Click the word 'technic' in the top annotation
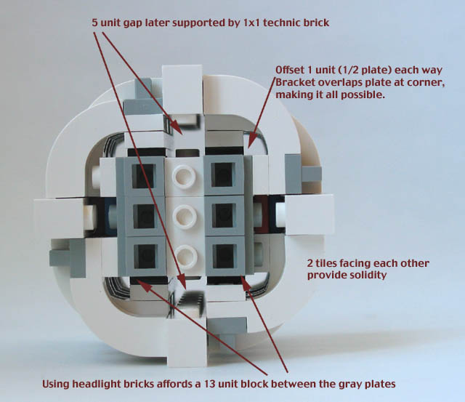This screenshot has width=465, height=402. point(280,23)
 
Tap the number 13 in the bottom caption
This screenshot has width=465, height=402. point(209,384)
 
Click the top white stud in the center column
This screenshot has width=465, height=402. point(184,177)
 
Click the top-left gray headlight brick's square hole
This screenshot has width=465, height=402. point(143,176)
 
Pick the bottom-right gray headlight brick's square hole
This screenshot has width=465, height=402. point(225,256)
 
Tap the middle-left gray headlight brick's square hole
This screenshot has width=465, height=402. point(145,216)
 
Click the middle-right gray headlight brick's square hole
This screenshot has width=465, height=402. point(225,216)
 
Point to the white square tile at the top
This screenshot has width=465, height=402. point(182,89)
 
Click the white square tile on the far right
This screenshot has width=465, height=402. point(309,214)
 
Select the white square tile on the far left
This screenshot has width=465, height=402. point(60,218)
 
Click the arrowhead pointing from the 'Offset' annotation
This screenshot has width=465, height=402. point(251,142)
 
